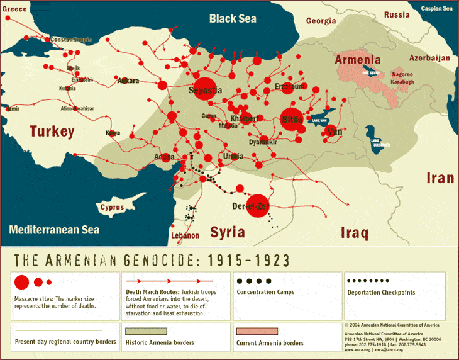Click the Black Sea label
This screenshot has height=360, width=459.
pos(233,18)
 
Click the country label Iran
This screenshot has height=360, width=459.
pos(440,177)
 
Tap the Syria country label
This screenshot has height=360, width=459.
pos(227,232)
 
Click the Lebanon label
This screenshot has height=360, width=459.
pos(185,235)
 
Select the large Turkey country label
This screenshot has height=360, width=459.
pos(52,132)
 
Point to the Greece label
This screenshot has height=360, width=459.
pos(14,9)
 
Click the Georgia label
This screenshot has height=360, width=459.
pos(321,21)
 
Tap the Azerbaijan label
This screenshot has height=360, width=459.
pos(430,57)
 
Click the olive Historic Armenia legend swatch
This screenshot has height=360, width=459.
pos(146,330)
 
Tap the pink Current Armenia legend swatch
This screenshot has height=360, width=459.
pos(257,330)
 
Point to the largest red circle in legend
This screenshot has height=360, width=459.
pos(22,281)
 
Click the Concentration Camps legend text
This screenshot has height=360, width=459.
pos(265,292)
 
